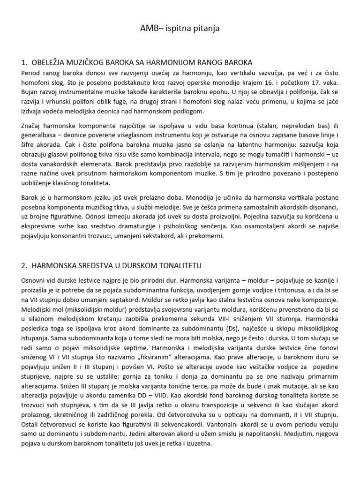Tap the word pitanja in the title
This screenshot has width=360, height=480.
point(205,29)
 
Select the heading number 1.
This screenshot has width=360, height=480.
point(24,62)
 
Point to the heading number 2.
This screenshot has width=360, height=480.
point(24,265)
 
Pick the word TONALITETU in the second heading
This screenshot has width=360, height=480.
point(178,265)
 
